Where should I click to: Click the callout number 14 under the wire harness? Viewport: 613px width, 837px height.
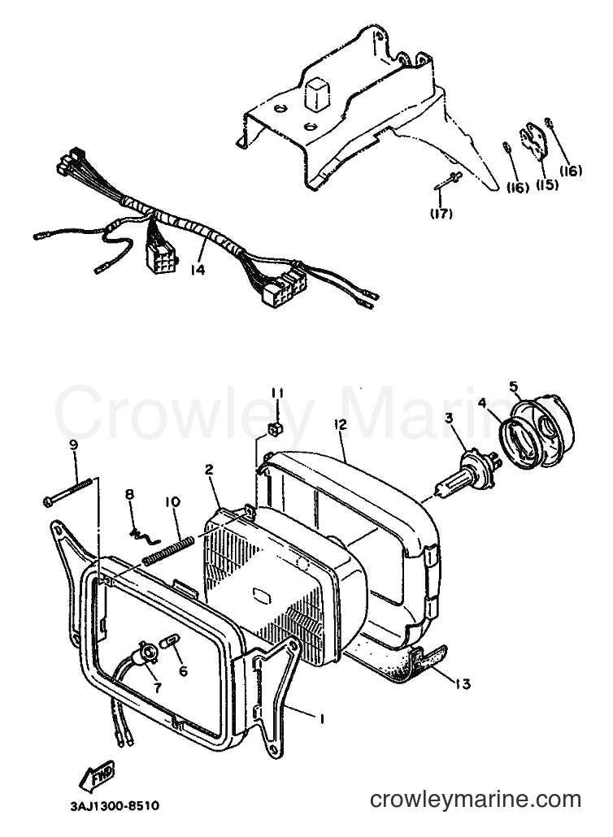(x=197, y=271)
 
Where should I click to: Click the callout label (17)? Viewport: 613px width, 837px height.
(x=442, y=214)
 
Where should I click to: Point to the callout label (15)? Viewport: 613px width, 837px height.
(x=547, y=184)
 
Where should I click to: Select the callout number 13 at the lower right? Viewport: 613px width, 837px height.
(x=463, y=683)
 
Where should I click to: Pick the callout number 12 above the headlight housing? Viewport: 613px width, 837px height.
(x=340, y=424)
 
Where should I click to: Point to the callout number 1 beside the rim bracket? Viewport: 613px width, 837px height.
(x=322, y=719)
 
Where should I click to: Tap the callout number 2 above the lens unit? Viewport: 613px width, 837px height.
(x=209, y=469)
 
